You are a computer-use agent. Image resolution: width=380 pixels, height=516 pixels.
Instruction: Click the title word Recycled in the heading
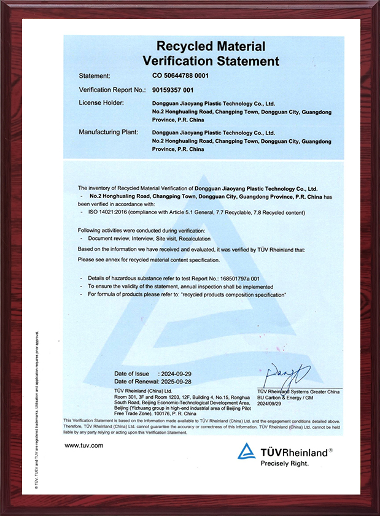point(180,46)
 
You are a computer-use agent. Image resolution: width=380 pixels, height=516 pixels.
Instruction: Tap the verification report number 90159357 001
point(176,90)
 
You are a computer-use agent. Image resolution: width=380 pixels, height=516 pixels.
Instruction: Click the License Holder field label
point(102,102)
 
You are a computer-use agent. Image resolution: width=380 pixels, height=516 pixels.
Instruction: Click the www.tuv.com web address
point(84,445)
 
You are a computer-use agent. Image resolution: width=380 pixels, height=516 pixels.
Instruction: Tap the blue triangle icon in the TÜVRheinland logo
point(247,451)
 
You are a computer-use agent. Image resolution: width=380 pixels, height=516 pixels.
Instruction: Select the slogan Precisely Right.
point(284,464)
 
